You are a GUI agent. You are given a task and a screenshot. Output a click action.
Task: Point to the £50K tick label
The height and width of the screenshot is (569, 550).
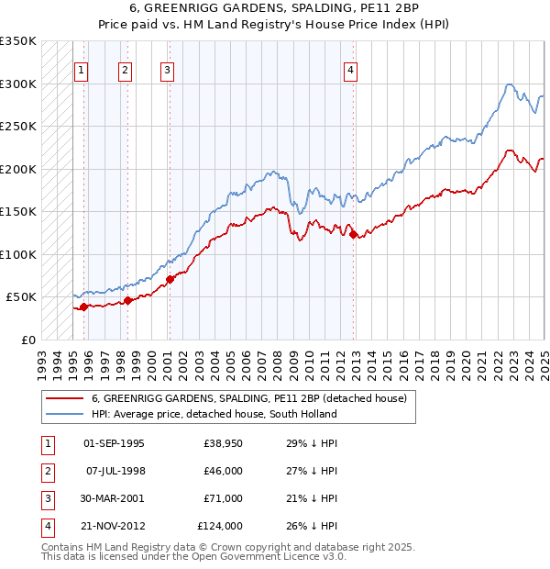point(20,297)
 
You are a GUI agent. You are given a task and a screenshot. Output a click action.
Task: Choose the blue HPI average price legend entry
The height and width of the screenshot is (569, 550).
point(214,414)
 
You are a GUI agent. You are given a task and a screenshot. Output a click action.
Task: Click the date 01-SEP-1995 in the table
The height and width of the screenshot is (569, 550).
point(114,443)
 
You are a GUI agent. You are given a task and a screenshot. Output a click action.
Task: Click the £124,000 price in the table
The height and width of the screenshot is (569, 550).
point(220,526)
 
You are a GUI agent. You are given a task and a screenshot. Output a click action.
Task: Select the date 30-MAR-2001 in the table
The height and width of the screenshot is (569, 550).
point(114,498)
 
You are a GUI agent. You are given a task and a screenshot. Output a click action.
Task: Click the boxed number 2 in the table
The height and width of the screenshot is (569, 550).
point(46,471)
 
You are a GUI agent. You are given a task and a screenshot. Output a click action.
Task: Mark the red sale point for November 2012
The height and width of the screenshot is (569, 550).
point(354,235)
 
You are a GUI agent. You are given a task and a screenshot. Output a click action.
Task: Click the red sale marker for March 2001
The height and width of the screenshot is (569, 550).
point(170,279)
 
